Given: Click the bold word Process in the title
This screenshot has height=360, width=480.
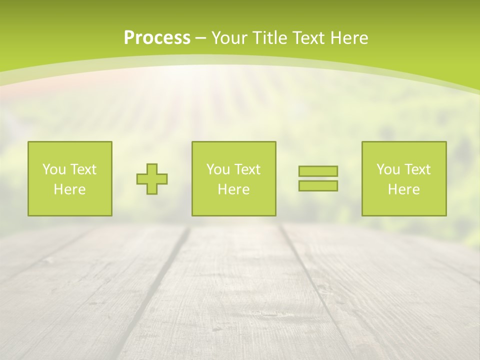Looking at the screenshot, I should pyautogui.click(x=157, y=38).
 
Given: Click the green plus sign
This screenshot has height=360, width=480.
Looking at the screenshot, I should pyautogui.click(x=152, y=178).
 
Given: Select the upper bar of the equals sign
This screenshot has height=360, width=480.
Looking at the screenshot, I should pyautogui.click(x=318, y=171).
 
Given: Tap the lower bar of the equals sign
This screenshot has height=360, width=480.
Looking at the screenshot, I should pyautogui.click(x=318, y=185).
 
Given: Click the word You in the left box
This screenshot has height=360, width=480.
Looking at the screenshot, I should pyautogui.click(x=53, y=169).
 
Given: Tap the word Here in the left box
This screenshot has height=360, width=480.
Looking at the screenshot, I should pyautogui.click(x=69, y=189).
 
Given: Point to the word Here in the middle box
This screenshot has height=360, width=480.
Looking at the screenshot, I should pyautogui.click(x=233, y=189).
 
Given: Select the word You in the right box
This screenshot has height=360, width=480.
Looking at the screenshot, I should pyautogui.click(x=387, y=169).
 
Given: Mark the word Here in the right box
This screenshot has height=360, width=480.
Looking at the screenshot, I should pyautogui.click(x=403, y=189).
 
